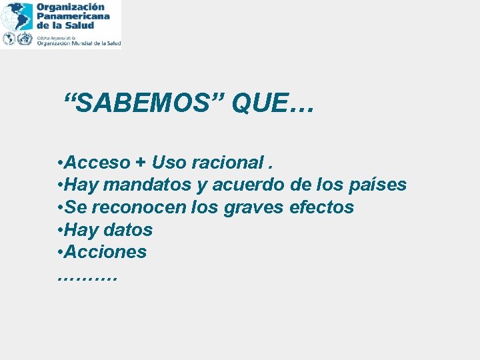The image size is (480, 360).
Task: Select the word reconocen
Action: tap(141, 207)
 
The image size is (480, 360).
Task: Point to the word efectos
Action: tap(322, 207)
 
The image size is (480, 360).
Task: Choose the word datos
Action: tap(128, 230)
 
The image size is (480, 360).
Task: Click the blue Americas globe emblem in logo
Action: tap(17, 15)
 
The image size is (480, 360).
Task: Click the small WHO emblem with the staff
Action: tap(25, 39)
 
